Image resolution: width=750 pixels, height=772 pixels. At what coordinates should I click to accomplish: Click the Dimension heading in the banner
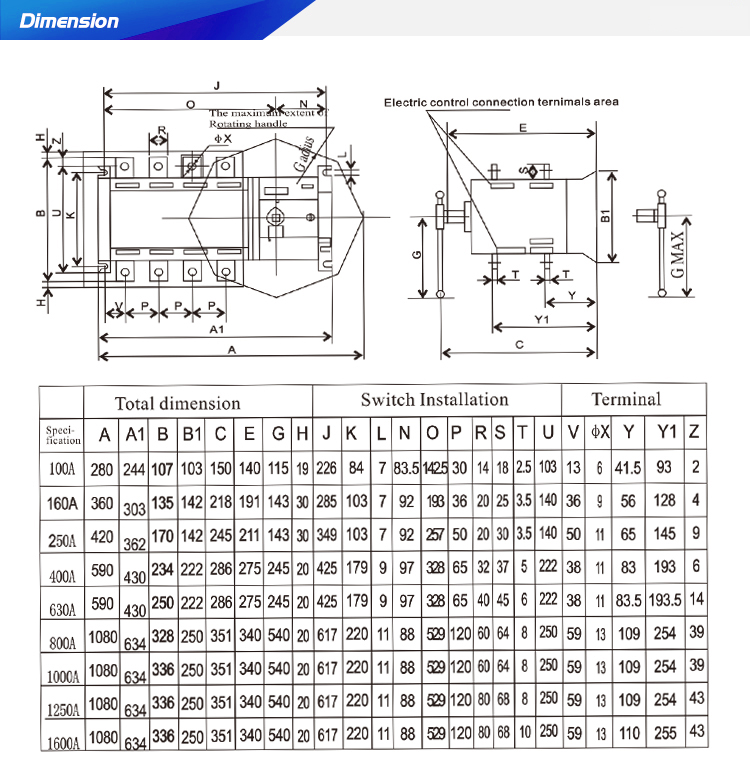(69, 21)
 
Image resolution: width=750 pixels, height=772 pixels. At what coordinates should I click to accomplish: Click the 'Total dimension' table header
(177, 404)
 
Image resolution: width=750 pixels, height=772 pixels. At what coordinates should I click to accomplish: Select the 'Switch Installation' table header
(434, 400)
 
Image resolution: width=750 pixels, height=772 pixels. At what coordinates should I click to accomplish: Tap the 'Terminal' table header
(626, 399)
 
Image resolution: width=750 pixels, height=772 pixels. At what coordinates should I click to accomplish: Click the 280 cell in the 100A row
(102, 469)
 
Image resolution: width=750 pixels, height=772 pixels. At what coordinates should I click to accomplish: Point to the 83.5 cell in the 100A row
(405, 468)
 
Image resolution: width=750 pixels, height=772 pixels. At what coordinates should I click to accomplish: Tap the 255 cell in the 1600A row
(664, 734)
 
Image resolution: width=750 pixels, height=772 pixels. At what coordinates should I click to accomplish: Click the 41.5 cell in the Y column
(628, 467)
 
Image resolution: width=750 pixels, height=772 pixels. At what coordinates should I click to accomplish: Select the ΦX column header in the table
(599, 433)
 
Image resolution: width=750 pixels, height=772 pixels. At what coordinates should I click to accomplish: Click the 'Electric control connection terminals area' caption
(501, 102)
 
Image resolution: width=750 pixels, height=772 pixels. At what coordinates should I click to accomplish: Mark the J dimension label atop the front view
(216, 85)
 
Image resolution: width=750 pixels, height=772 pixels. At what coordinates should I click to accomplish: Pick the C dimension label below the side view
(519, 345)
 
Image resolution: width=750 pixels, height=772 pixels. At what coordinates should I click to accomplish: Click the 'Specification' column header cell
(62, 435)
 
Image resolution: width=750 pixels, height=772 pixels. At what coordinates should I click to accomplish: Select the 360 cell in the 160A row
(102, 503)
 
